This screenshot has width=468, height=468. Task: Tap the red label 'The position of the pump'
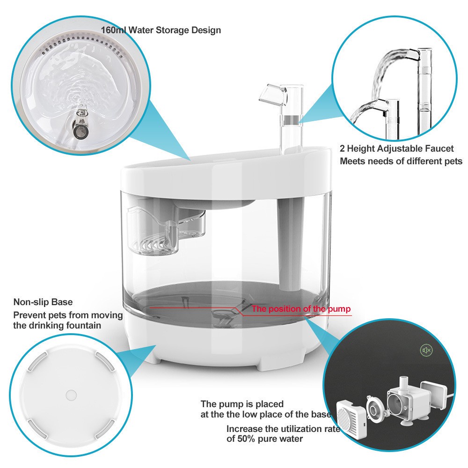pos(301,309)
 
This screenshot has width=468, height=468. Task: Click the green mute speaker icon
pos(426,350)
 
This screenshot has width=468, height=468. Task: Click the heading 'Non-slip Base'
pos(43,302)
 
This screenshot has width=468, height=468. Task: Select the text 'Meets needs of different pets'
pos(401,161)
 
